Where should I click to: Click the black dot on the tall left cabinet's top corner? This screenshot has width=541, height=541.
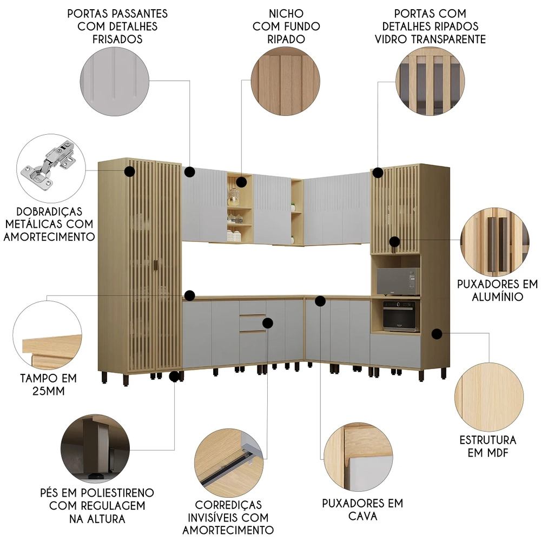point(129,171)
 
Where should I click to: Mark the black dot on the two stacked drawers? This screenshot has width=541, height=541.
point(268,323)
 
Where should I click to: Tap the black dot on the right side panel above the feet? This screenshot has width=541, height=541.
point(437,334)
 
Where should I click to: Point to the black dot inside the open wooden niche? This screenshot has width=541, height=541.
point(241,182)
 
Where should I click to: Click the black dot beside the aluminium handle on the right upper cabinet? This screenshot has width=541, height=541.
point(395,241)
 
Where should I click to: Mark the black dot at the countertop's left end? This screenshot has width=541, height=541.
point(189,295)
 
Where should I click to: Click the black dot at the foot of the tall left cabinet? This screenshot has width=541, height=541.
point(174,377)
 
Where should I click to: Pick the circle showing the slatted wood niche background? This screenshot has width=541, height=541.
point(285,82)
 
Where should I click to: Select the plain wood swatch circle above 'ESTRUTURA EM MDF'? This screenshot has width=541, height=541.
point(489,397)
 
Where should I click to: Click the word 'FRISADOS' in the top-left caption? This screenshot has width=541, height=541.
point(117,39)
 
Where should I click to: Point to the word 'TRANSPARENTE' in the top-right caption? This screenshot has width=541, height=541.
point(451,39)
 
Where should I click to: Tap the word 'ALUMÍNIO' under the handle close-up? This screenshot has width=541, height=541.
point(497,296)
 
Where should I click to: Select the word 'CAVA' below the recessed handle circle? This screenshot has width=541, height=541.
point(362,516)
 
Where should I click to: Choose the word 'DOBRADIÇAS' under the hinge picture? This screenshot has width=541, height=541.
point(49,212)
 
